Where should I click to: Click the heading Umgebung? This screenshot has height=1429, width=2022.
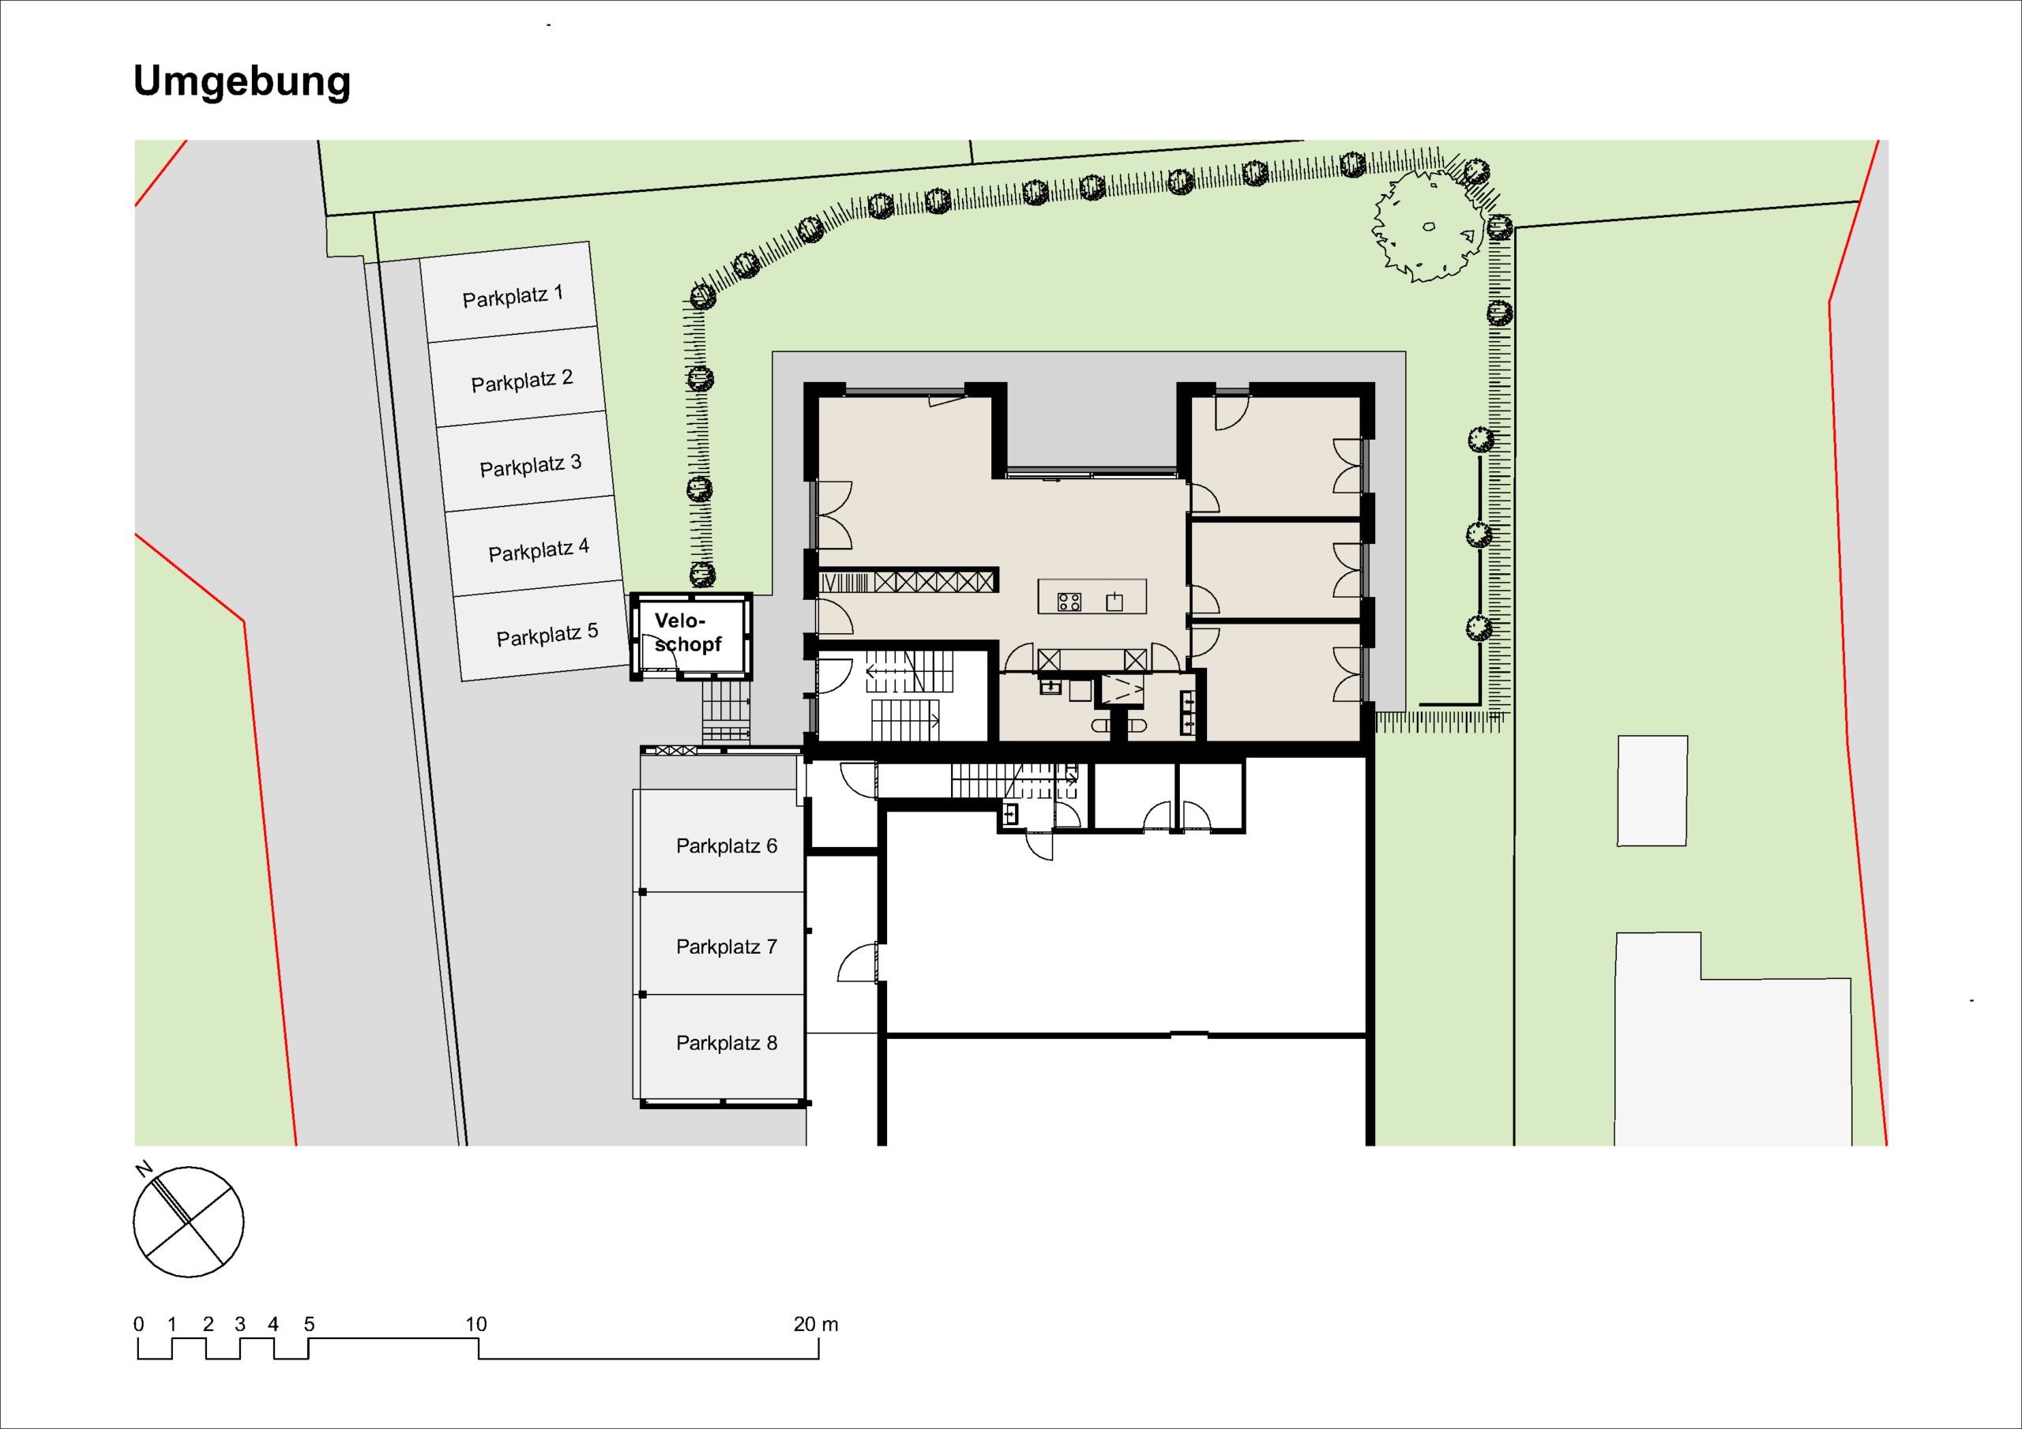point(242,82)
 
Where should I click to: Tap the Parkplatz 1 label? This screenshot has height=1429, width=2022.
point(513,296)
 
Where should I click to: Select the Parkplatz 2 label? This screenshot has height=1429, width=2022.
point(521,381)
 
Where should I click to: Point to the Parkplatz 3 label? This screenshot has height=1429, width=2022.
point(530,465)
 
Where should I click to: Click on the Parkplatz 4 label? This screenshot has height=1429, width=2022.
point(538,550)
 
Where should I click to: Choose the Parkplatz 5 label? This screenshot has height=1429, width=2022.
point(547,634)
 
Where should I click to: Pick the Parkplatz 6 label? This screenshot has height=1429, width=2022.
point(727,846)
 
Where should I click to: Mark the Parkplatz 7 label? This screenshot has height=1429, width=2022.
point(727,947)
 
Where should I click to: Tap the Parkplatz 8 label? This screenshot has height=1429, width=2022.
point(727,1044)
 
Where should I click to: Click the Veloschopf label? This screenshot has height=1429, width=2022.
point(687,632)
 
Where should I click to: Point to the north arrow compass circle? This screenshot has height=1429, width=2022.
point(189,1222)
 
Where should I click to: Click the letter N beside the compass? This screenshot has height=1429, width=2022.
point(145,1169)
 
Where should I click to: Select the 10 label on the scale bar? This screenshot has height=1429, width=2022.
point(475,1324)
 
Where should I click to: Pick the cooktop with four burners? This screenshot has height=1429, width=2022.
point(1069,602)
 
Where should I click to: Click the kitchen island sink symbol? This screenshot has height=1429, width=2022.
point(1115,602)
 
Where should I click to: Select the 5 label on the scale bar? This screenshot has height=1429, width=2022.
point(309,1324)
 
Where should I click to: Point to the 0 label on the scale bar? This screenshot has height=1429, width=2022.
point(138,1324)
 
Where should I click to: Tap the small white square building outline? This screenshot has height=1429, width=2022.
point(1652,790)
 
